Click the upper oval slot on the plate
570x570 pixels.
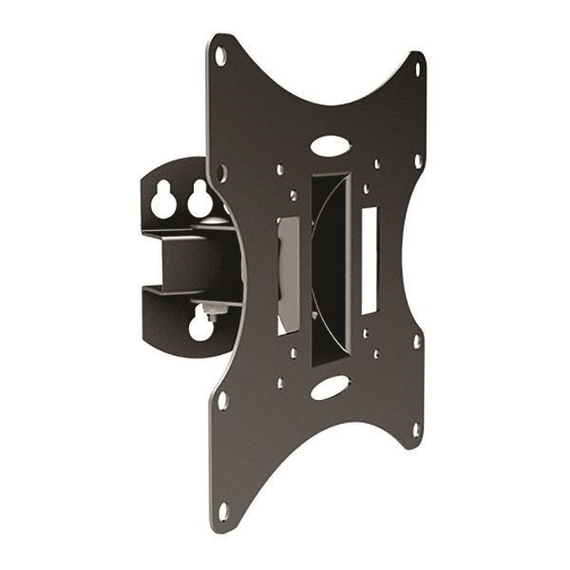pyautogui.click(x=329, y=147)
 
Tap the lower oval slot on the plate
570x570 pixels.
pyautogui.click(x=329, y=387)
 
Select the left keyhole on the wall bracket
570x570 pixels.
pyautogui.click(x=161, y=200)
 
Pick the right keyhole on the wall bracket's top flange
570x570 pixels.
pyautogui.click(x=199, y=200)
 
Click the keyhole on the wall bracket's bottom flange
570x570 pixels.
pyautogui.click(x=200, y=325)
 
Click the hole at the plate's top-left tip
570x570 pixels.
pyautogui.click(x=220, y=56)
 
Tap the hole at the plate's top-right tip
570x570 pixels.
pyautogui.click(x=417, y=68)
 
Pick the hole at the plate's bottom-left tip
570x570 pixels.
pyautogui.click(x=222, y=510)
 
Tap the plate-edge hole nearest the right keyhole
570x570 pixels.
pyautogui.click(x=223, y=174)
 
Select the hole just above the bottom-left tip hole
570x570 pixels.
pyautogui.click(x=223, y=400)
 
